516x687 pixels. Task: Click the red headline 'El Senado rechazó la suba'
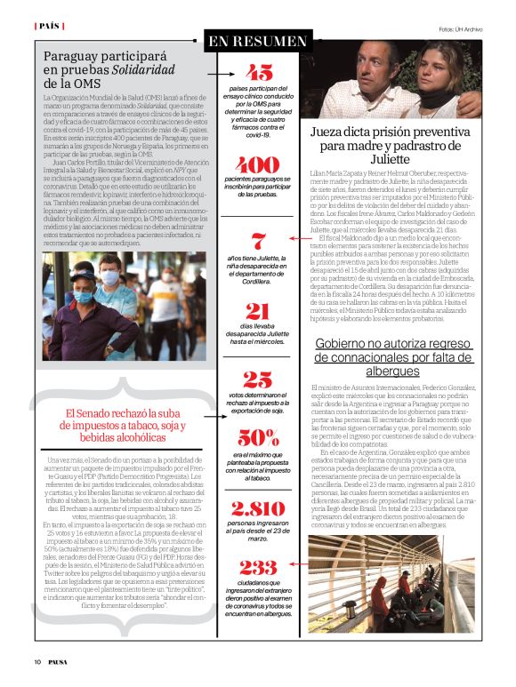[x=122, y=412]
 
